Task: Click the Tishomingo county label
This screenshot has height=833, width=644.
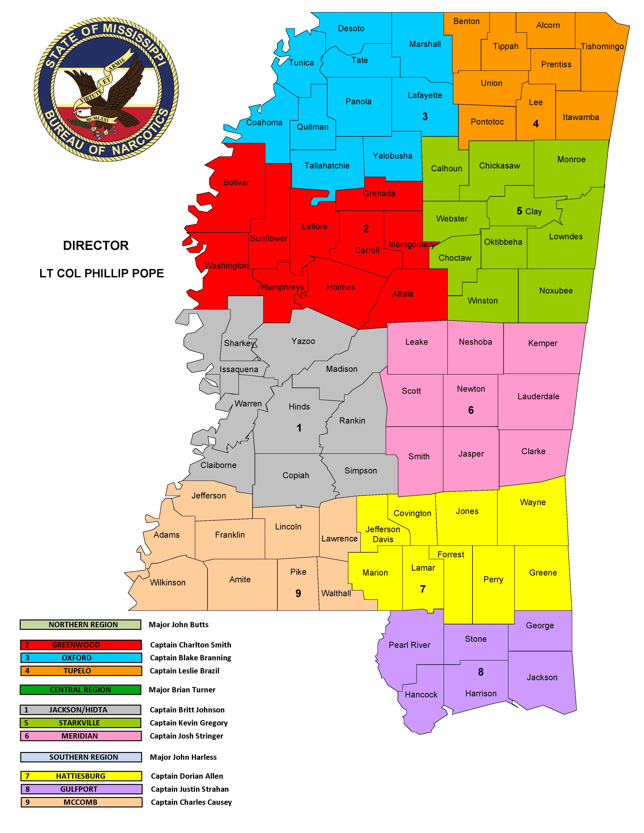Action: point(602,47)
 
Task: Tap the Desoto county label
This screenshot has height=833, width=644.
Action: point(351,29)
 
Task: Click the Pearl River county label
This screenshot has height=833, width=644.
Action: point(409,645)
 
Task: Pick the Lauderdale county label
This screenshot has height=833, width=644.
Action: point(538,397)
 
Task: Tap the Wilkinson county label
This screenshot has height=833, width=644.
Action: point(167,582)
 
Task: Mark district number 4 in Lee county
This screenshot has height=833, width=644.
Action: point(536,124)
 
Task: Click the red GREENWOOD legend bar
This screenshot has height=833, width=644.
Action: point(81,645)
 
